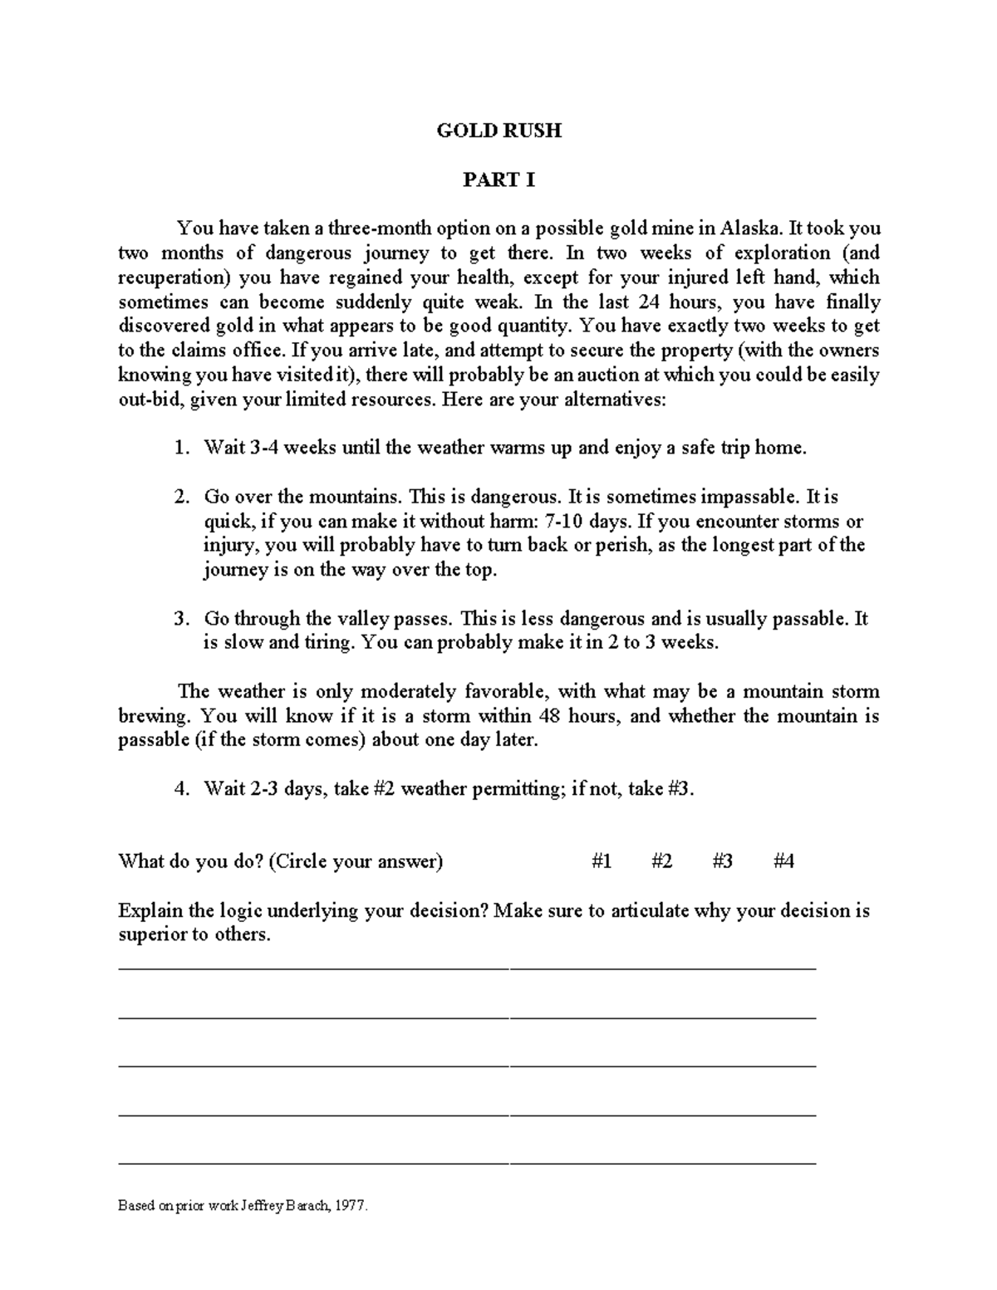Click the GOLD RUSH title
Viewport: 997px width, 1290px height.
point(499,130)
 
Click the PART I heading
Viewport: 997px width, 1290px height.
point(498,179)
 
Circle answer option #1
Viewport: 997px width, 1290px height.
point(602,861)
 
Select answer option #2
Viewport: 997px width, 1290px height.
point(662,861)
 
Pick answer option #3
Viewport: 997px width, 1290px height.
point(723,861)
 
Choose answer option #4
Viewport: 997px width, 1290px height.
point(783,861)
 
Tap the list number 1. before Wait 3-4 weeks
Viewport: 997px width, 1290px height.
point(181,449)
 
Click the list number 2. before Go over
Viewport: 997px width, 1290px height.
point(181,498)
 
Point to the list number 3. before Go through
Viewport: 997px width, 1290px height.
point(181,620)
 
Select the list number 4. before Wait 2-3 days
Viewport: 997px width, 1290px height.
point(181,790)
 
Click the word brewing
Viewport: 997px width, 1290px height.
point(155,716)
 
